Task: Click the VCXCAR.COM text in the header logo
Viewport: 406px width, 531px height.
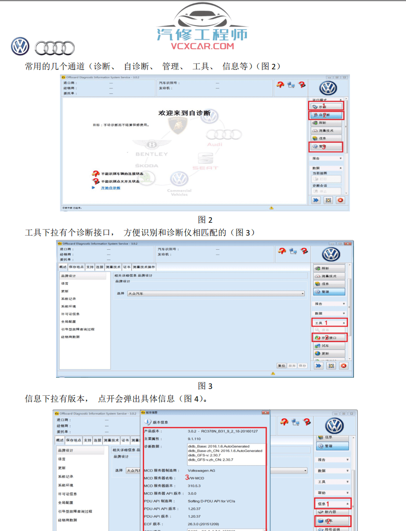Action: click(203, 46)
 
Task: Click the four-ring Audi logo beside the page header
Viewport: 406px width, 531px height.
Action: click(55, 48)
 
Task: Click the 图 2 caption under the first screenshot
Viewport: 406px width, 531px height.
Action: click(205, 220)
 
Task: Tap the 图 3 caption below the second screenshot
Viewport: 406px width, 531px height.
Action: click(205, 386)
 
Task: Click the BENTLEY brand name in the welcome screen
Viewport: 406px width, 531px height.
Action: click(151, 154)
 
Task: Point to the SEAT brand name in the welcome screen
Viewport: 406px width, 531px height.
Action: click(205, 168)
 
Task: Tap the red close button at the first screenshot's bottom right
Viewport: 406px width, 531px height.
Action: click(340, 200)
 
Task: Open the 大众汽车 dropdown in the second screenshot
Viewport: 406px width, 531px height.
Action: click(215, 294)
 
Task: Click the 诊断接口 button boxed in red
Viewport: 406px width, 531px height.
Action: click(330, 338)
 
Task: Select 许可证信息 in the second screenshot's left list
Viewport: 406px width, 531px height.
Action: click(70, 314)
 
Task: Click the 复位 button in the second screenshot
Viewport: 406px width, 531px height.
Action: click(282, 366)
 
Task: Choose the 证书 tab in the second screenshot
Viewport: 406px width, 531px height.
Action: click(126, 267)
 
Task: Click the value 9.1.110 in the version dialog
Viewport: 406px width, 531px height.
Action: click(195, 438)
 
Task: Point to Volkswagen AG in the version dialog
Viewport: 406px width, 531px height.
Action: click(202, 471)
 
